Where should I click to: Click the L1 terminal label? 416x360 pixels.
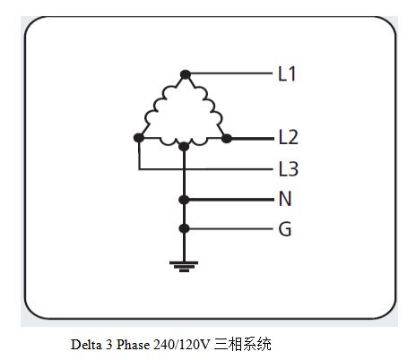(x=287, y=74)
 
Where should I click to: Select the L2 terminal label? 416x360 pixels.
(x=288, y=137)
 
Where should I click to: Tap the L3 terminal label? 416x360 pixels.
(x=288, y=169)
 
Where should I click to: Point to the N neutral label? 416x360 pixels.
(x=285, y=199)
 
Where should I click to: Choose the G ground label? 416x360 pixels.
(x=285, y=229)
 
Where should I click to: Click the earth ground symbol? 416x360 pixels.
(x=184, y=266)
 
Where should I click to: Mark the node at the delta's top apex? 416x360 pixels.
(x=186, y=74)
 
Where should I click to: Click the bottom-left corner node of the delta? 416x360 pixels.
(x=139, y=138)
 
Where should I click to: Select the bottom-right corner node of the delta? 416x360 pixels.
(x=227, y=138)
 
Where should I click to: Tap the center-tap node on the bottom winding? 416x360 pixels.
(x=184, y=146)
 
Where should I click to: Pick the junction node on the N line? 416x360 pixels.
(x=184, y=200)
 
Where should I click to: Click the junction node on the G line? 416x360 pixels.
(x=184, y=228)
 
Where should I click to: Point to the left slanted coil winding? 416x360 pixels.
(x=159, y=105)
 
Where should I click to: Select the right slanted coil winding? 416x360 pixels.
(x=209, y=105)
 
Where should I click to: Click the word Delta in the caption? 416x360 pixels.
(x=86, y=345)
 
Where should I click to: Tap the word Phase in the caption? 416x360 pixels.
(x=133, y=345)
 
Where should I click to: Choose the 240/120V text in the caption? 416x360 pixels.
(x=182, y=345)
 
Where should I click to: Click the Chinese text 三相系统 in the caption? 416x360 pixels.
(x=242, y=344)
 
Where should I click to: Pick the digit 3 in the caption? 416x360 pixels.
(x=108, y=345)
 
